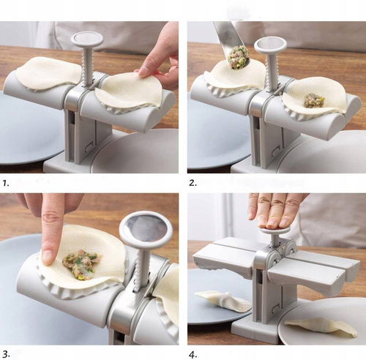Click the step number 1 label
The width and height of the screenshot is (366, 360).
tap(6, 183)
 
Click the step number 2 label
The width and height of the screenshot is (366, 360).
tap(193, 183)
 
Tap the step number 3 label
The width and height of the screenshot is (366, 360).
tap(7, 353)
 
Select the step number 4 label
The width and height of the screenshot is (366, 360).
tap(193, 353)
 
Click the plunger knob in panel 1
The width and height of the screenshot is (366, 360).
tap(87, 40)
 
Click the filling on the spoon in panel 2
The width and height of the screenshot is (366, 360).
tap(238, 57)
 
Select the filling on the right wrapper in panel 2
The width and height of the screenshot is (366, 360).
tap(314, 100)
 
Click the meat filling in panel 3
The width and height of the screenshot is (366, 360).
tap(81, 263)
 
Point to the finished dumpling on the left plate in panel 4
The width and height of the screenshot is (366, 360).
tap(223, 301)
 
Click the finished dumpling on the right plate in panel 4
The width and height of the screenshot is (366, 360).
tap(321, 327)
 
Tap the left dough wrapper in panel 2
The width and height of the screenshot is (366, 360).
tap(234, 75)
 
